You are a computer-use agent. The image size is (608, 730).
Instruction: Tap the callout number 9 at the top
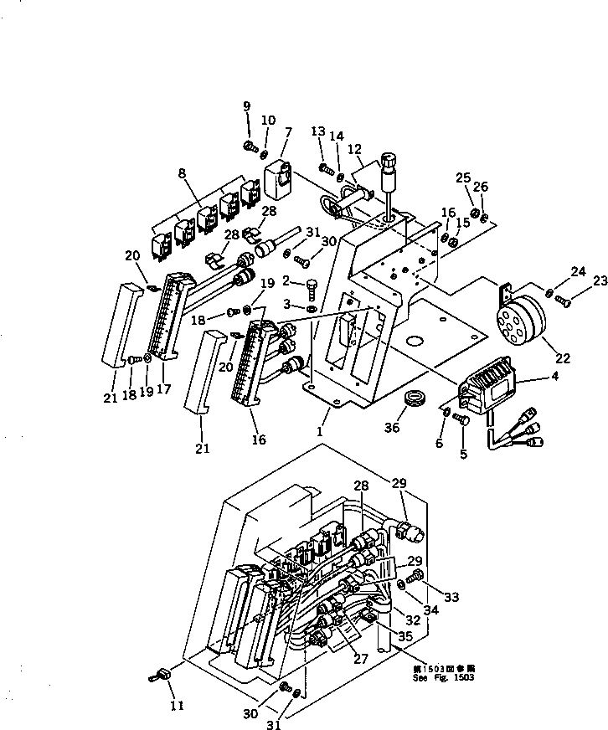coord(247,105)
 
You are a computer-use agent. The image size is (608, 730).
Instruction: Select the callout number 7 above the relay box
coord(287,131)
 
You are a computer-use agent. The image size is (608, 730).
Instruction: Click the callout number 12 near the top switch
coord(354,148)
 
